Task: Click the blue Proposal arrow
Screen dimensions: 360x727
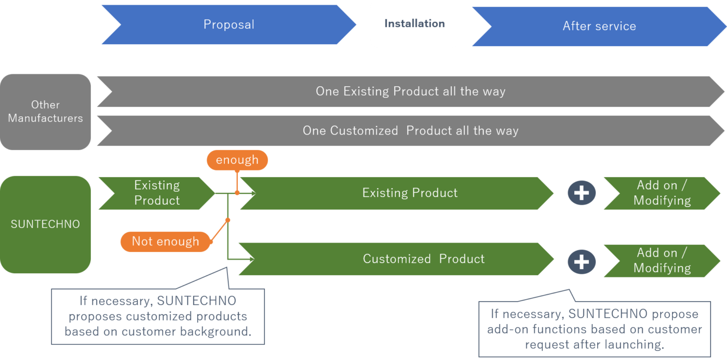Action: [228, 24]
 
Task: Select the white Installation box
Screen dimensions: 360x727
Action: [414, 23]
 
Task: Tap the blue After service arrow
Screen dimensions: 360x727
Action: [599, 26]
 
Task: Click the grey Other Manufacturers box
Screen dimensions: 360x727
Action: [45, 112]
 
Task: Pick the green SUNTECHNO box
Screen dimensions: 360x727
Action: [45, 224]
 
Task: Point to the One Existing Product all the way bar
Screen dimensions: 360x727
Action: [410, 91]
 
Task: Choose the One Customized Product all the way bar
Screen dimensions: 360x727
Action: [410, 130]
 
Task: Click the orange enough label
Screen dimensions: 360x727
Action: [237, 160]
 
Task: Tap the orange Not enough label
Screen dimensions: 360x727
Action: [165, 241]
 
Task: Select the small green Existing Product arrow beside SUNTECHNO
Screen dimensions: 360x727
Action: [156, 193]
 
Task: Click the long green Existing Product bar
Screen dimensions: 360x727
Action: [409, 193]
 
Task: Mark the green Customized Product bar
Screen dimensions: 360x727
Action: [423, 259]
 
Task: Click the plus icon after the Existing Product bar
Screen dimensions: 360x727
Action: [581, 193]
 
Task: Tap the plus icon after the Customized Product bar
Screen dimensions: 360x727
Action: [581, 262]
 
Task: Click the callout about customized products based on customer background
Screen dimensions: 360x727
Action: [158, 316]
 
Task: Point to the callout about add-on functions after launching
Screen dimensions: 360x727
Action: [595, 329]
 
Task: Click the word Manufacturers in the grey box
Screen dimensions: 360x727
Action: [45, 118]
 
